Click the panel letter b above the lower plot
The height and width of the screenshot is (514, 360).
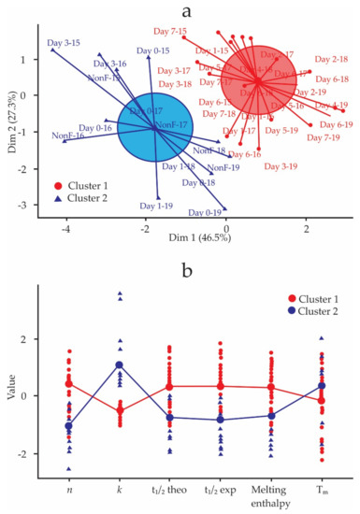click(x=188, y=272)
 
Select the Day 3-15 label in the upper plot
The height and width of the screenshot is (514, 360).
click(x=62, y=43)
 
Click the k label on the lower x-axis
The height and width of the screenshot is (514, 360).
click(x=120, y=486)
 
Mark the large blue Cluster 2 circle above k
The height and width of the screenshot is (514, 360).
click(x=120, y=364)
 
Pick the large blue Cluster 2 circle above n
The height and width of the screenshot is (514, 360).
click(x=69, y=426)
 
